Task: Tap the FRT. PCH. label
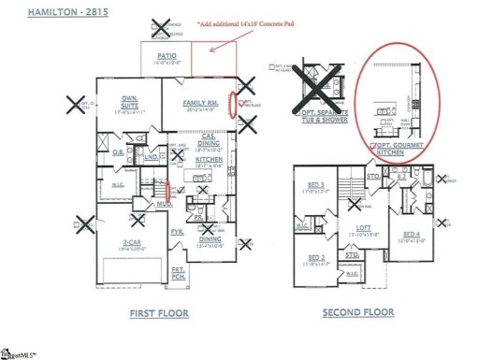pyautogui.click(x=178, y=272)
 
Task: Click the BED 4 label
pyautogui.click(x=413, y=235)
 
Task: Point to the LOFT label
pyautogui.click(x=363, y=227)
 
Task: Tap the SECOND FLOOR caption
pyautogui.click(x=359, y=312)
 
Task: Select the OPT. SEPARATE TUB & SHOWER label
pyautogui.click(x=324, y=116)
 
